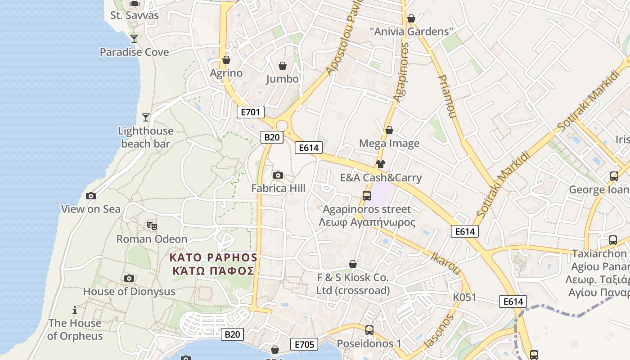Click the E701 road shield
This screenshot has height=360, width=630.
tap(250, 112)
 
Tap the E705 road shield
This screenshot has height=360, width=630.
tap(304, 345)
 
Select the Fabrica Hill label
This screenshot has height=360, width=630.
tap(278, 188)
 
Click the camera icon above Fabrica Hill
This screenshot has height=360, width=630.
tap(278, 175)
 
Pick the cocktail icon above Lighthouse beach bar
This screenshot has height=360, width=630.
tap(145, 117)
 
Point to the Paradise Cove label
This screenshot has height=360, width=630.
tap(134, 52)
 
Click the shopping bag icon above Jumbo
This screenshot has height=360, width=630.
tap(283, 66)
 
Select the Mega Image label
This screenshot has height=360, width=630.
tap(389, 144)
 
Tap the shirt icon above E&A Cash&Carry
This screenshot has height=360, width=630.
tap(381, 164)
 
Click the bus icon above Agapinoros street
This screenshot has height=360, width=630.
tap(367, 196)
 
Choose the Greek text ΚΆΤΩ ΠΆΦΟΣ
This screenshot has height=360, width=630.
tap(213, 271)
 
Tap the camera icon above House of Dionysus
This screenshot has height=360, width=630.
tap(129, 279)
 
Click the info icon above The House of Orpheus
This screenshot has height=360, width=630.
tap(75, 310)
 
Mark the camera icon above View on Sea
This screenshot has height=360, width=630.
tap(91, 196)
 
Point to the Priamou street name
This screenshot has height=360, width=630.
tap(447, 96)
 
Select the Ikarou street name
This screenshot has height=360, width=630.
tap(446, 264)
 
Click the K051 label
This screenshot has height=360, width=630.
tap(464, 297)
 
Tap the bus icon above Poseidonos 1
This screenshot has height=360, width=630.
tap(369, 330)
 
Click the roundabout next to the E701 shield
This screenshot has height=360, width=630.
tap(282, 126)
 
